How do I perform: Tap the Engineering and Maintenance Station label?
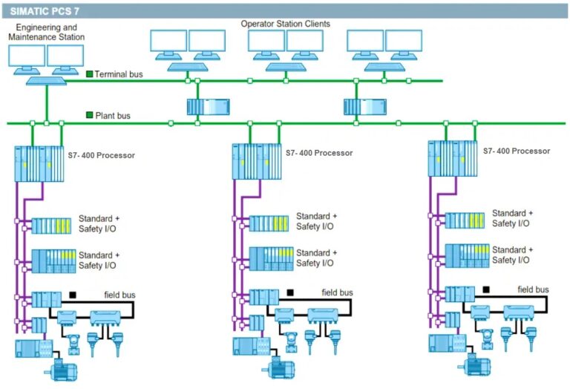pyautogui.click(x=46, y=31)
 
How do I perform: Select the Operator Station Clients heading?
pyautogui.click(x=285, y=24)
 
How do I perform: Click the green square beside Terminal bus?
pyautogui.click(x=90, y=74)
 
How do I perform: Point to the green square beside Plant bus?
pyautogui.click(x=90, y=115)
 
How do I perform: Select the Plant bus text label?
pyautogui.click(x=114, y=116)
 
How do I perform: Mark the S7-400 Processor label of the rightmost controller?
pyautogui.click(x=517, y=151)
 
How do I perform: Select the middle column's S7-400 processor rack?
pyautogui.click(x=257, y=162)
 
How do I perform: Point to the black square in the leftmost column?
pyautogui.click(x=73, y=295)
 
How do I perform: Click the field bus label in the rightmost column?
pyautogui.click(x=533, y=290)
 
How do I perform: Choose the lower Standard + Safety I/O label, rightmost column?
pyautogui.click(x=511, y=255)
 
